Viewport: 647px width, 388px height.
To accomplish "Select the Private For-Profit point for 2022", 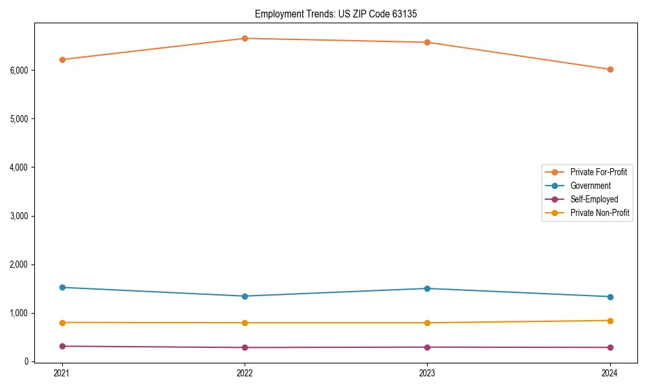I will (245, 38).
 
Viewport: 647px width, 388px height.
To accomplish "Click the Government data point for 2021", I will (62, 287).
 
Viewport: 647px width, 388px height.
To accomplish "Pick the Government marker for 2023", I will (427, 288).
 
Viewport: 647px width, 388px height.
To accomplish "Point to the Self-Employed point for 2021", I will (62, 346).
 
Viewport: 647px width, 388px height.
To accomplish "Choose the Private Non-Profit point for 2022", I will (245, 323).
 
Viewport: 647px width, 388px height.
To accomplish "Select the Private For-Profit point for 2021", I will (62, 59).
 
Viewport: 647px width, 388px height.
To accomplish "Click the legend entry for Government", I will (590, 186).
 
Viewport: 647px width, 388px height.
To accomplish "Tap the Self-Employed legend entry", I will (594, 199).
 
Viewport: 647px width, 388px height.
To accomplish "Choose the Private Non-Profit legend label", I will (600, 213).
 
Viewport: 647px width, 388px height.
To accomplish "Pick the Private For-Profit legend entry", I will (598, 172).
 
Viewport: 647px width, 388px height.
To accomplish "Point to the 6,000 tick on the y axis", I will (19, 70).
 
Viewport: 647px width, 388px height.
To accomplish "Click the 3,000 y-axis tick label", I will (19, 216).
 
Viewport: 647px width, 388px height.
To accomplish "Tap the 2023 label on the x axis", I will (427, 373).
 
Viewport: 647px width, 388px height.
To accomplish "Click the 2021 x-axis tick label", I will (62, 373).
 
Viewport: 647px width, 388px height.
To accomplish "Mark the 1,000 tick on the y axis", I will (19, 313).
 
